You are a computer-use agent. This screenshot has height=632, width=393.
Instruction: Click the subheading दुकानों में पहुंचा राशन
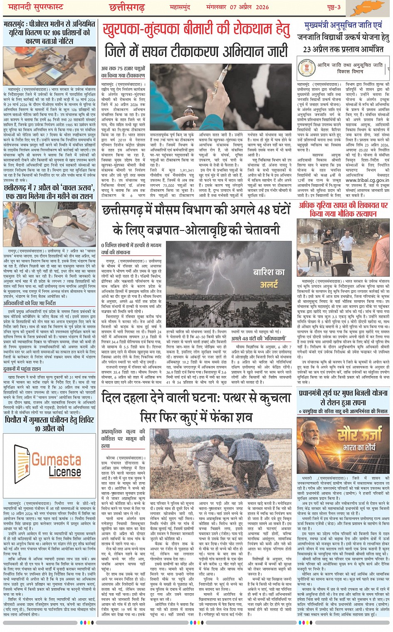point(22,369)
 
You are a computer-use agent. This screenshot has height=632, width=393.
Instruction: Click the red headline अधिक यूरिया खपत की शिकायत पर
point(343,206)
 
